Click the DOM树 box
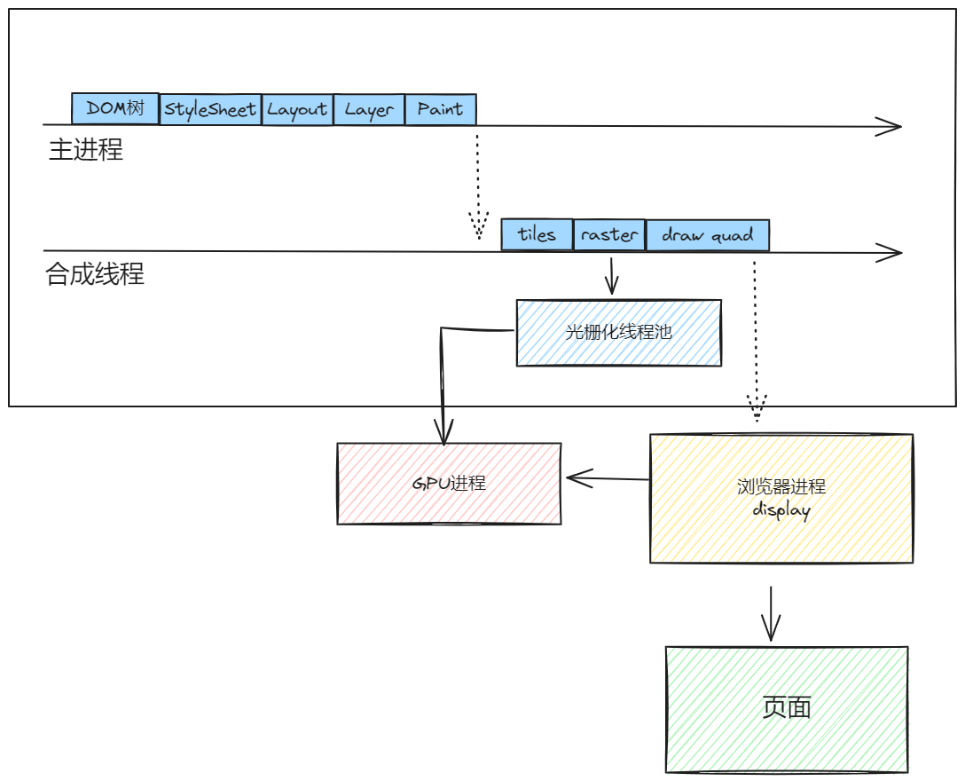click(114, 108)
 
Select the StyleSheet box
click(210, 109)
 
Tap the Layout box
click(297, 109)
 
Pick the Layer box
click(369, 109)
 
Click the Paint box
click(440, 109)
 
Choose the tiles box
click(537, 235)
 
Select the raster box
click(609, 235)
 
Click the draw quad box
click(707, 235)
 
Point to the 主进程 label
click(85, 149)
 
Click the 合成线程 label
click(94, 274)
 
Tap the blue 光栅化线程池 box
click(618, 333)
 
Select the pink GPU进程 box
click(449, 484)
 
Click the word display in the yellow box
click(781, 510)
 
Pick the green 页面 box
click(787, 708)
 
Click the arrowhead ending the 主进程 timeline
click(890, 127)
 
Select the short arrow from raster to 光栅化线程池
click(610, 276)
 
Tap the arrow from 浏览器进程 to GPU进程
click(608, 479)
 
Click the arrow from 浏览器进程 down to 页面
click(770, 613)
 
